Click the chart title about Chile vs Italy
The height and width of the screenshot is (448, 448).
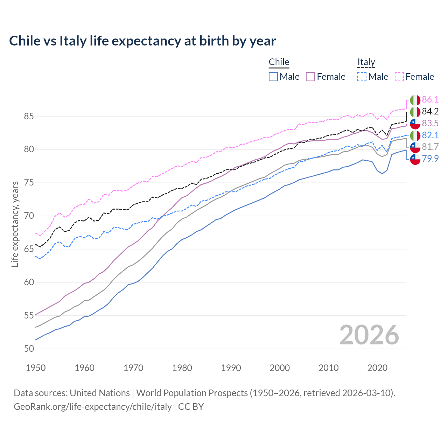tap(142, 41)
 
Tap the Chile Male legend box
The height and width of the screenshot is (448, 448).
tap(273, 77)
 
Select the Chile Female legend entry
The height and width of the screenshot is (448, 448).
tap(325, 77)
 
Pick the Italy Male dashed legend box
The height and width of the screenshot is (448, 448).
tap(362, 77)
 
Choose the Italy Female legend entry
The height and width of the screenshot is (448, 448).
tap(414, 77)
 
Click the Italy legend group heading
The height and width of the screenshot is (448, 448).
tap(366, 62)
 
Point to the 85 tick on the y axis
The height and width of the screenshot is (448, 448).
tap(29, 116)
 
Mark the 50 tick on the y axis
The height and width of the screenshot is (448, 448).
tap(29, 349)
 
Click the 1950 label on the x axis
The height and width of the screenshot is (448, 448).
tap(36, 368)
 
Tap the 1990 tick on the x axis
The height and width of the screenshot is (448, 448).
tap(231, 368)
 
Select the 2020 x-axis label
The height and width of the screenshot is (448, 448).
tap(377, 368)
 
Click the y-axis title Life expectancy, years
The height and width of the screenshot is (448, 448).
tap(15, 224)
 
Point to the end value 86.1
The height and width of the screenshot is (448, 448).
tap(430, 100)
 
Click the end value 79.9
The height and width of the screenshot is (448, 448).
tap(430, 159)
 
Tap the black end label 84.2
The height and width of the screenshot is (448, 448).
tap(430, 112)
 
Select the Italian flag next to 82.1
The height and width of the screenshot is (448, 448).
tap(415, 135)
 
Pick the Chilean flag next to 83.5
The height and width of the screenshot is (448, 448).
tap(415, 124)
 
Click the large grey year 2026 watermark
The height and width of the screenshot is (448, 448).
tap(369, 335)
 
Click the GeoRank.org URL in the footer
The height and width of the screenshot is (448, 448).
tap(92, 407)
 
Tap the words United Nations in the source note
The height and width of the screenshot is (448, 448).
tap(100, 393)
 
